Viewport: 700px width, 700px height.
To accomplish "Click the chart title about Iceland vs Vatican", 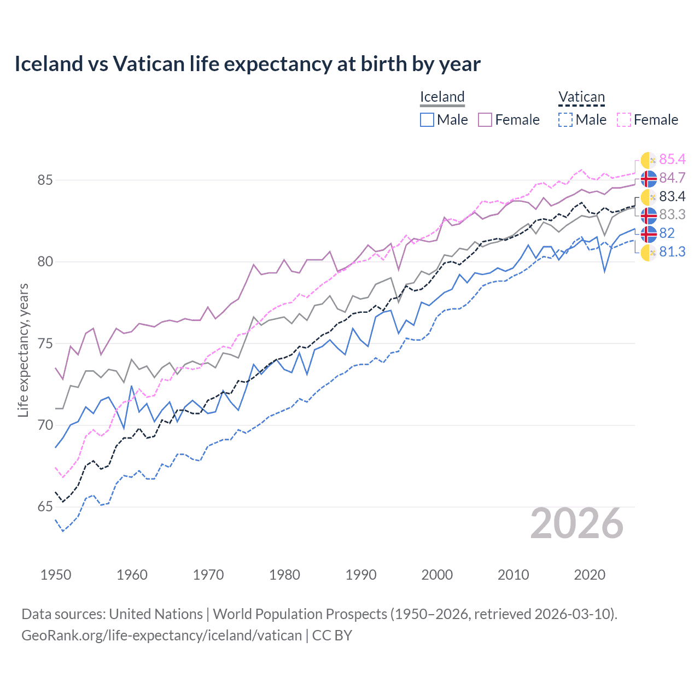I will pyautogui.click(x=247, y=64).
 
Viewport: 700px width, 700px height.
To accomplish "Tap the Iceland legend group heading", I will pyautogui.click(x=442, y=97).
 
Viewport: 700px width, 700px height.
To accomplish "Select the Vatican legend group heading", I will pyautogui.click(x=581, y=97).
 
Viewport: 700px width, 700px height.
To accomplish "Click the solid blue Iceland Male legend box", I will pyautogui.click(x=427, y=120).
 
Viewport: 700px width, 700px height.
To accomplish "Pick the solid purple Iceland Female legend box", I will pyautogui.click(x=485, y=120).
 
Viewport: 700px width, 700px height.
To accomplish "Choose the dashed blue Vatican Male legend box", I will pyautogui.click(x=565, y=120).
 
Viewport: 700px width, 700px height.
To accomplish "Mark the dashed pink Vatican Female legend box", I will pyautogui.click(x=624, y=120).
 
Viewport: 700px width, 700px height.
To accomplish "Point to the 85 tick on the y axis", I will pyautogui.click(x=45, y=180).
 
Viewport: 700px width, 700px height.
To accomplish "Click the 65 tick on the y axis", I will pyautogui.click(x=45, y=507).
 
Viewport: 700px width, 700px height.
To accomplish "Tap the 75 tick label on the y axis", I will pyautogui.click(x=45, y=343).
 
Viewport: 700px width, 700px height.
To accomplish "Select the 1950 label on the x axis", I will pyautogui.click(x=56, y=575).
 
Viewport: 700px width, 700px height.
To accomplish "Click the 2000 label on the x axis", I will pyautogui.click(x=437, y=575).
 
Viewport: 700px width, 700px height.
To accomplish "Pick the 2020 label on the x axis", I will pyautogui.click(x=590, y=575).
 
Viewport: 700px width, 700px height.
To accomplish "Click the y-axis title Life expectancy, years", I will pyautogui.click(x=23, y=350).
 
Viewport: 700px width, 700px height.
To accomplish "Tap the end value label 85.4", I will pyautogui.click(x=672, y=159).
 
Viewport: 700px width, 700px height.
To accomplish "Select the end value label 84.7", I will pyautogui.click(x=672, y=178).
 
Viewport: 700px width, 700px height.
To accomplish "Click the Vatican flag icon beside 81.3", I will pyautogui.click(x=649, y=252).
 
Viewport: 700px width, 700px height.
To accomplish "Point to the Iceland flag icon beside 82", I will pyautogui.click(x=649, y=234).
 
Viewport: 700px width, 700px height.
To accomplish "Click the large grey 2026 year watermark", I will pyautogui.click(x=576, y=524).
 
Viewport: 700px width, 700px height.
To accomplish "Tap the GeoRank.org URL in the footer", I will pyautogui.click(x=161, y=635).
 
